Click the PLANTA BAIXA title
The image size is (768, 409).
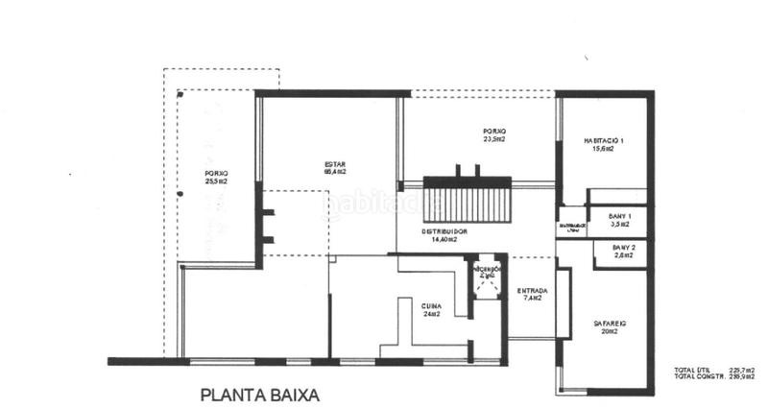(259, 394)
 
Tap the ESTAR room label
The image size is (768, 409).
(335, 163)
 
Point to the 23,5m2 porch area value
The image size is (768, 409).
(494, 139)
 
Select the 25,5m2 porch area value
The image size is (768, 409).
(216, 180)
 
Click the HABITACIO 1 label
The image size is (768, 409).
(604, 140)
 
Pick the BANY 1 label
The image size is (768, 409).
(620, 217)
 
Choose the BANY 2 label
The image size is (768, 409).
(624, 248)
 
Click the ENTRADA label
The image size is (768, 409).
(532, 291)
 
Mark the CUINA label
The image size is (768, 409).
(430, 304)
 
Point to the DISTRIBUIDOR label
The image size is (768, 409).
(444, 231)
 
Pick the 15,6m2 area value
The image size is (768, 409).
(604, 149)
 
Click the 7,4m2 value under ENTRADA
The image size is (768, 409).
(532, 299)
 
